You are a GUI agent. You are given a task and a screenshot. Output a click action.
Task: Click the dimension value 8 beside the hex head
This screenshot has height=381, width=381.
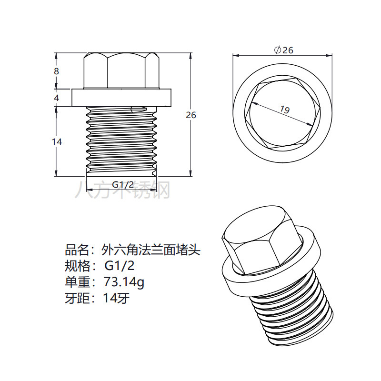click(x=56, y=71)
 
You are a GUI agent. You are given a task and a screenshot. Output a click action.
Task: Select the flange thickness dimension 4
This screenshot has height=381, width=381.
click(x=56, y=98)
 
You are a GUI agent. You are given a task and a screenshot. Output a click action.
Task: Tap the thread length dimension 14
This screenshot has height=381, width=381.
click(x=57, y=141)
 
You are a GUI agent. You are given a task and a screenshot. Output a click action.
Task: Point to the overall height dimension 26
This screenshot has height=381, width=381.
click(x=190, y=115)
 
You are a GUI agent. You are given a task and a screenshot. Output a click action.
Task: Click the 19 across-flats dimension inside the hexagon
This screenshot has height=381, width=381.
click(x=285, y=110)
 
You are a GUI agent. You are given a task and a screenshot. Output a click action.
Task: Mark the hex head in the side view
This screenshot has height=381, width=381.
click(x=120, y=71)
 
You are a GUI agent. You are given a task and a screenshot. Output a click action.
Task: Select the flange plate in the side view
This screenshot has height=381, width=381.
click(x=120, y=98)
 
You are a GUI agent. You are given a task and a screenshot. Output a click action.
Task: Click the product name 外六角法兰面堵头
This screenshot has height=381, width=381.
click(x=151, y=249)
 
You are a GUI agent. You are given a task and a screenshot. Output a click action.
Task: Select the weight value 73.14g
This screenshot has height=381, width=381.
click(x=124, y=282)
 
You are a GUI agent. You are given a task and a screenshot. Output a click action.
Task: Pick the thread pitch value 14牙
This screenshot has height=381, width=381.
click(x=116, y=299)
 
